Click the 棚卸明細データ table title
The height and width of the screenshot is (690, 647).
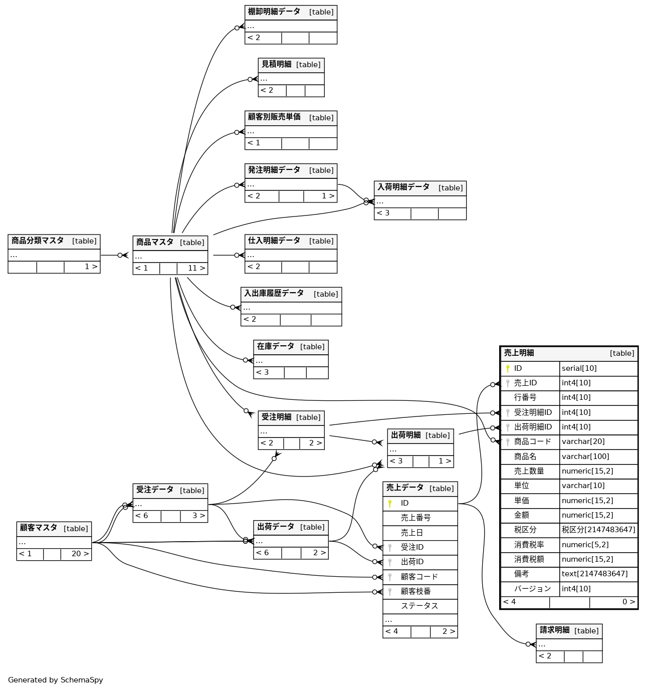pyautogui.click(x=274, y=12)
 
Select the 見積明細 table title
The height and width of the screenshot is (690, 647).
pyautogui.click(x=276, y=64)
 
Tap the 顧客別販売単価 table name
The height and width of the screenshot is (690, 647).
pyautogui.click(x=274, y=117)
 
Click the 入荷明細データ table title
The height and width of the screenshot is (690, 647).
pyautogui.click(x=403, y=187)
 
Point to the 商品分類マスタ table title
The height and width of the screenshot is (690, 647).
pyautogui.click(x=38, y=241)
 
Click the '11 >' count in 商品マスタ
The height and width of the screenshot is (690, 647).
pyautogui.click(x=196, y=268)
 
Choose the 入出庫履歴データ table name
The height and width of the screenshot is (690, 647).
pyautogui.click(x=274, y=293)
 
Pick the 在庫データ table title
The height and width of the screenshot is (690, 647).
pyautogui.click(x=276, y=346)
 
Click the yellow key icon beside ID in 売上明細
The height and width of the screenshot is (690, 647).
pyautogui.click(x=508, y=368)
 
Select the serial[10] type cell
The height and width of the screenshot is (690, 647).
pyautogui.click(x=579, y=368)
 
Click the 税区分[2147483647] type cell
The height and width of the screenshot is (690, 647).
pyautogui.click(x=598, y=530)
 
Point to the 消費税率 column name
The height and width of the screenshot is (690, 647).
pyautogui.click(x=529, y=545)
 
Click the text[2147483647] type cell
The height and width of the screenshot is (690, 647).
pyautogui.click(x=594, y=574)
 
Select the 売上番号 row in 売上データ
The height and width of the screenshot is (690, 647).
pyautogui.click(x=415, y=518)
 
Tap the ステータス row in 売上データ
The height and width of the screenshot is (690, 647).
pyautogui.click(x=419, y=606)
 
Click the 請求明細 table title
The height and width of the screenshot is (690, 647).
pyautogui.click(x=555, y=630)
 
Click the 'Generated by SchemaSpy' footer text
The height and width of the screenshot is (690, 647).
pyautogui.click(x=56, y=680)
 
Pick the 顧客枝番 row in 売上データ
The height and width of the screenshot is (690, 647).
pyautogui.click(x=415, y=591)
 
